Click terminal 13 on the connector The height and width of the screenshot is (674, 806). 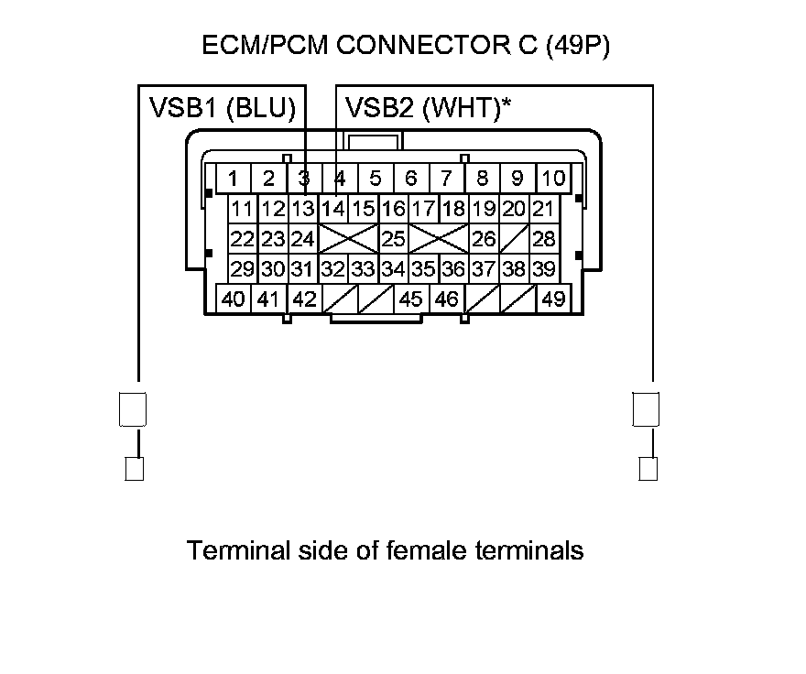pyautogui.click(x=303, y=209)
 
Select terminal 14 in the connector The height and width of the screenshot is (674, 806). pyautogui.click(x=332, y=209)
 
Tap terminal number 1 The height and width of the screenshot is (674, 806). pyautogui.click(x=234, y=178)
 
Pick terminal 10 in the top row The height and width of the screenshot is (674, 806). pyautogui.click(x=552, y=178)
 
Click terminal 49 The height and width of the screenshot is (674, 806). pyautogui.click(x=553, y=299)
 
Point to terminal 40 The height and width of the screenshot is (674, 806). pyautogui.click(x=234, y=299)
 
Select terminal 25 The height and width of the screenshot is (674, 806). pyautogui.click(x=393, y=239)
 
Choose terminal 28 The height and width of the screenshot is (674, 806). pyautogui.click(x=544, y=239)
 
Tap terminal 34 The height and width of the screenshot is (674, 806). pyautogui.click(x=393, y=269)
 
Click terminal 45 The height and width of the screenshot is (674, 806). pyautogui.click(x=411, y=299)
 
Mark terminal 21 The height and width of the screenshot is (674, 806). pyautogui.click(x=544, y=209)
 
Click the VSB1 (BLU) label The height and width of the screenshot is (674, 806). pyautogui.click(x=223, y=109)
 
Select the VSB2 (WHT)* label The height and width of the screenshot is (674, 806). pyautogui.click(x=428, y=109)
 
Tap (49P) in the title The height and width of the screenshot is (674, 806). pyautogui.click(x=577, y=47)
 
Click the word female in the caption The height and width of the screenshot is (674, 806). pyautogui.click(x=428, y=550)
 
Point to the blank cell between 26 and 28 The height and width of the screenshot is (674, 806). pyautogui.click(x=515, y=239)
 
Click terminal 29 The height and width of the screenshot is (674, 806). pyautogui.click(x=243, y=269)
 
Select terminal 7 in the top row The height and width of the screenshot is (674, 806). pyautogui.click(x=446, y=178)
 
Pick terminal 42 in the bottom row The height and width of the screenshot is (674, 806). pyautogui.click(x=304, y=299)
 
